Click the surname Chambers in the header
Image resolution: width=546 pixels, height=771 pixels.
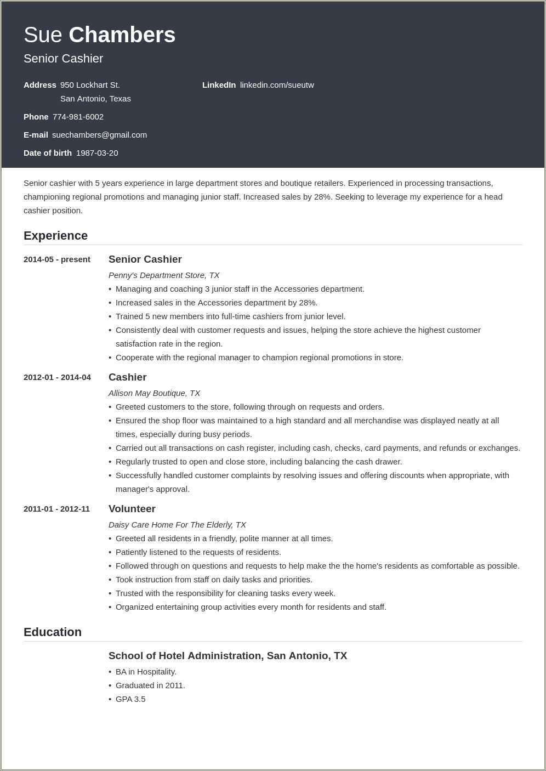[x=122, y=35]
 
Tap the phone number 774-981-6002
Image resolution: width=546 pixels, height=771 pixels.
[x=78, y=117]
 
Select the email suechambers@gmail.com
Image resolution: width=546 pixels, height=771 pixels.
[x=99, y=135]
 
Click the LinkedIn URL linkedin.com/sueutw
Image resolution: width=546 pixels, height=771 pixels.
[x=277, y=85]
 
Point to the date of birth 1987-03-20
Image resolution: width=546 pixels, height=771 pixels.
[x=97, y=153]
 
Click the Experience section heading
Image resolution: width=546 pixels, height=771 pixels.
[x=55, y=236]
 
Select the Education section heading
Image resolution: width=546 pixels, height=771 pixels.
[x=53, y=632]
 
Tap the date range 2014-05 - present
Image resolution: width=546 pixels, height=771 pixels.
[x=57, y=259]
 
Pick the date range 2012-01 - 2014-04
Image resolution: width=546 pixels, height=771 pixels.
[x=57, y=377]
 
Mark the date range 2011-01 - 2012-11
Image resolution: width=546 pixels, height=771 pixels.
[x=56, y=509]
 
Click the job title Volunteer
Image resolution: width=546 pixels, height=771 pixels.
[x=132, y=509]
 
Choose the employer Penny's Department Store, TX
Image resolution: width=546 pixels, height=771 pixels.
[x=164, y=275]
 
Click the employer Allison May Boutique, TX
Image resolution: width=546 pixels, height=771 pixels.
[x=154, y=393]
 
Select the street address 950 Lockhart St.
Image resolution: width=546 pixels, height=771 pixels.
[x=90, y=85]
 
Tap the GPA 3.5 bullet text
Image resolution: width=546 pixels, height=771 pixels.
[x=130, y=699]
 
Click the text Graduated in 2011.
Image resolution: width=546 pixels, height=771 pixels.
[x=150, y=685]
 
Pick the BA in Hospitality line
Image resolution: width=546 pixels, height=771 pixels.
[x=146, y=672]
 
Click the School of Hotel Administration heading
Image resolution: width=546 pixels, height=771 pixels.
[x=228, y=656]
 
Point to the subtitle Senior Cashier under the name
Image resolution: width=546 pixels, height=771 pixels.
[x=63, y=59]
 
